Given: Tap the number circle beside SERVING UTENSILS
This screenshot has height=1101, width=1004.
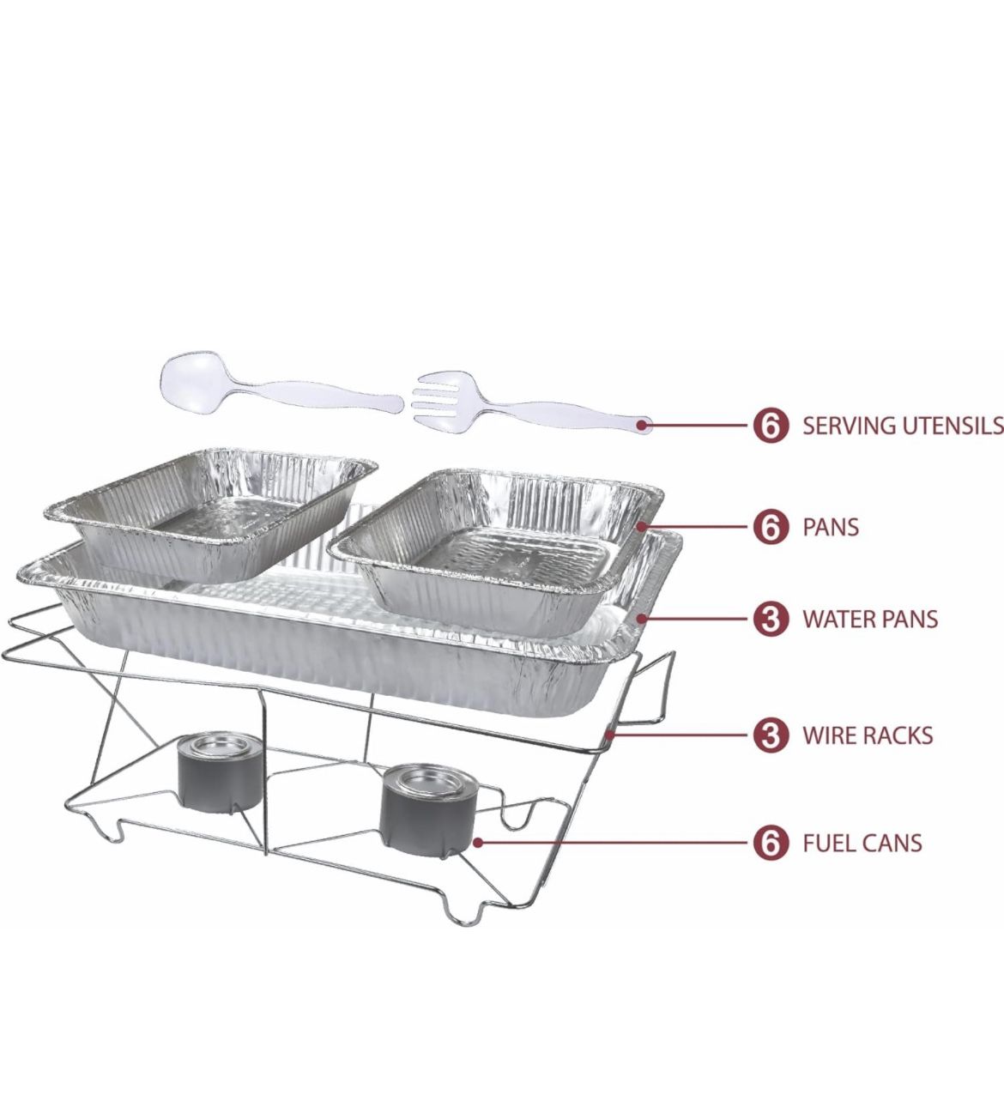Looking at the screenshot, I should coord(770,426).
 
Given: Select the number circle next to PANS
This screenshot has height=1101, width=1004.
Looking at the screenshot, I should coord(770,527).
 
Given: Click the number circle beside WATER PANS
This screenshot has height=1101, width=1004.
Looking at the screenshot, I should coord(770,619).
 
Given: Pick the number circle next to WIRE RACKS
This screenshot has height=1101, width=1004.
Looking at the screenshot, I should coord(770,735).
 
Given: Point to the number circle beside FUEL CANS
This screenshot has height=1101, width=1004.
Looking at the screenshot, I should coord(770,843).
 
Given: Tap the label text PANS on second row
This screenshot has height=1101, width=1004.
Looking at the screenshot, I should coord(831,527).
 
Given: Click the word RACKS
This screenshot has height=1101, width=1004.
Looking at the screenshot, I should coord(898,735).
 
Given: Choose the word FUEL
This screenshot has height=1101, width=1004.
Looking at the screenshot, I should coord(827,843).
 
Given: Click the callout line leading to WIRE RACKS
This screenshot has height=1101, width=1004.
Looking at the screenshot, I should coord(678,735).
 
